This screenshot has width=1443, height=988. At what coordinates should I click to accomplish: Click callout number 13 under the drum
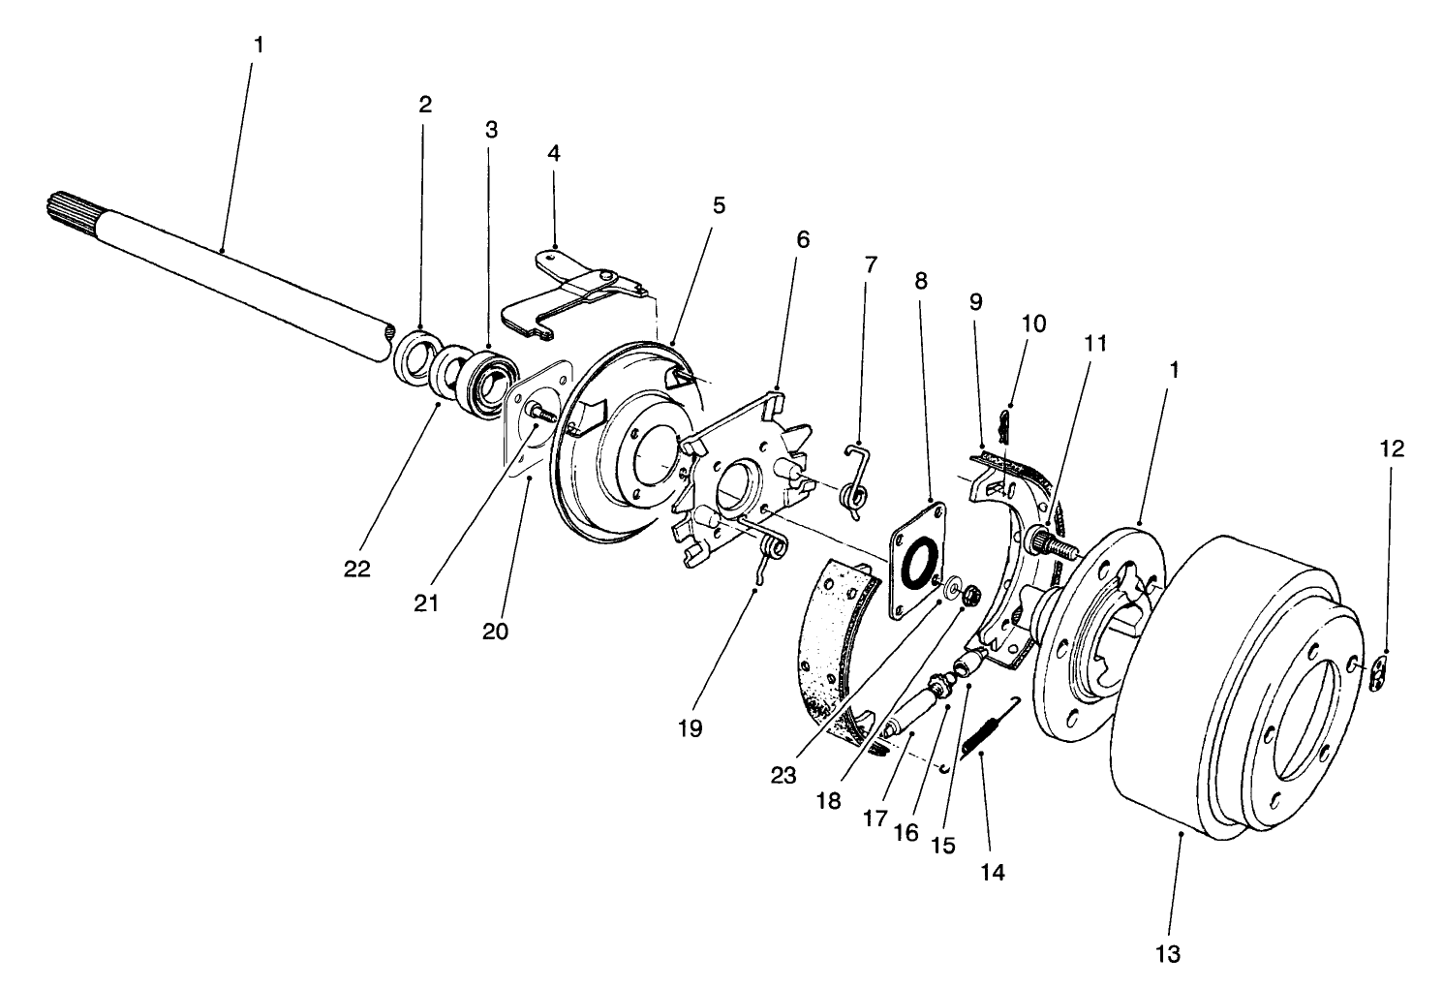point(1169,954)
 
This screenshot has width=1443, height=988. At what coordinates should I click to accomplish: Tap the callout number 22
point(356,569)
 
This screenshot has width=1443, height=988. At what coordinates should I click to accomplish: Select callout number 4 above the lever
point(554,153)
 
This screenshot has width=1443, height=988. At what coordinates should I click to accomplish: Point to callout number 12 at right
point(1392,448)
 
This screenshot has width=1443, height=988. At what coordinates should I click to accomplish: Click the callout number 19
point(690,728)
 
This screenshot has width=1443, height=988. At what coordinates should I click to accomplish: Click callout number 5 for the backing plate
point(718,205)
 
